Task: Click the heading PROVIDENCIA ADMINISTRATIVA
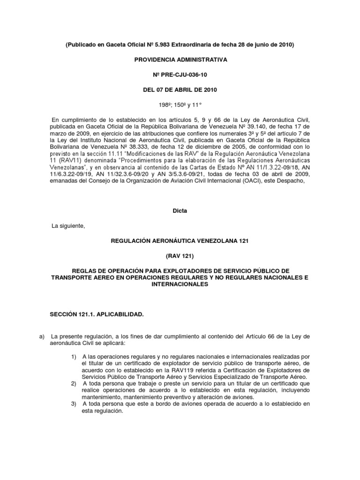pyautogui.click(x=180, y=60)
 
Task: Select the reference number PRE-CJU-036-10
pyautogui.click(x=183, y=75)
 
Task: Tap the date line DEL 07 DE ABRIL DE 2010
pyautogui.click(x=180, y=90)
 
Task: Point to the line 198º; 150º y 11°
pyautogui.click(x=180, y=105)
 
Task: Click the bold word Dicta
pyautogui.click(x=180, y=211)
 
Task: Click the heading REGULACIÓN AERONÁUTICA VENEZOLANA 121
pyautogui.click(x=180, y=241)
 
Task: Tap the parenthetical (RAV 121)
pyautogui.click(x=180, y=256)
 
